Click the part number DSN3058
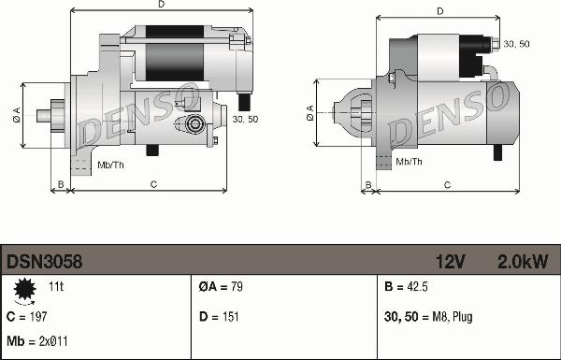(x=44, y=262)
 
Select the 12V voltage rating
(x=450, y=262)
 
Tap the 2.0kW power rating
(x=523, y=262)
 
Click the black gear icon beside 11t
(x=24, y=288)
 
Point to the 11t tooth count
(x=56, y=287)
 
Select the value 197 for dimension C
(x=37, y=317)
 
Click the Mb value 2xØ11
(x=53, y=341)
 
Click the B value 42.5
(x=417, y=287)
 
